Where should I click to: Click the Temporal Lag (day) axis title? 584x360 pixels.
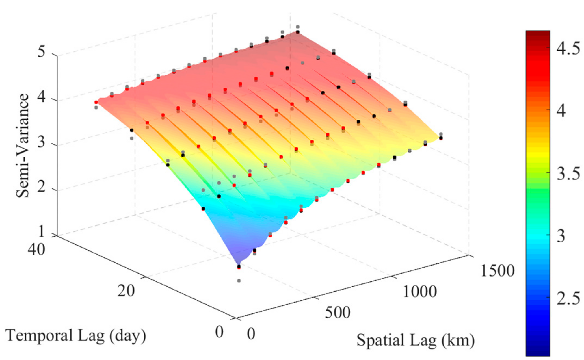[x=76, y=336]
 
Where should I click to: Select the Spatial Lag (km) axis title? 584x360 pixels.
[x=415, y=340]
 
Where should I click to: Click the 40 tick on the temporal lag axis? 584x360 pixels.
[x=37, y=249]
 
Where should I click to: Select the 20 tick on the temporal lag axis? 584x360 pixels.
[x=126, y=290]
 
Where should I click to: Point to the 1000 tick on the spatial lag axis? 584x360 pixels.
[x=420, y=292]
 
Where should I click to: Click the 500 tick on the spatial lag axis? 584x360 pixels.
[x=338, y=312]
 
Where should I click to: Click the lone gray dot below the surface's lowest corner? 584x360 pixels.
[x=239, y=281]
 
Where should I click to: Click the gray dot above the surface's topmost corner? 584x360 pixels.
[x=297, y=27]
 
